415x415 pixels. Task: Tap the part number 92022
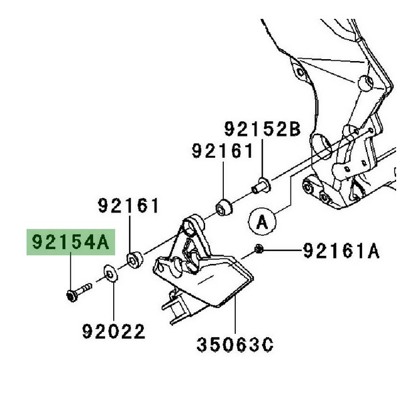pyautogui.click(x=114, y=331)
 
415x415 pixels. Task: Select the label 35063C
pyautogui.click(x=234, y=345)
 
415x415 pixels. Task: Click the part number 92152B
pyautogui.click(x=263, y=130)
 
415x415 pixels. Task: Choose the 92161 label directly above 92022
pyautogui.click(x=128, y=206)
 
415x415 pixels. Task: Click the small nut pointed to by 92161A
pyautogui.click(x=258, y=251)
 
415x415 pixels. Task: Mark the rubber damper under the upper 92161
pyautogui.click(x=223, y=206)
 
